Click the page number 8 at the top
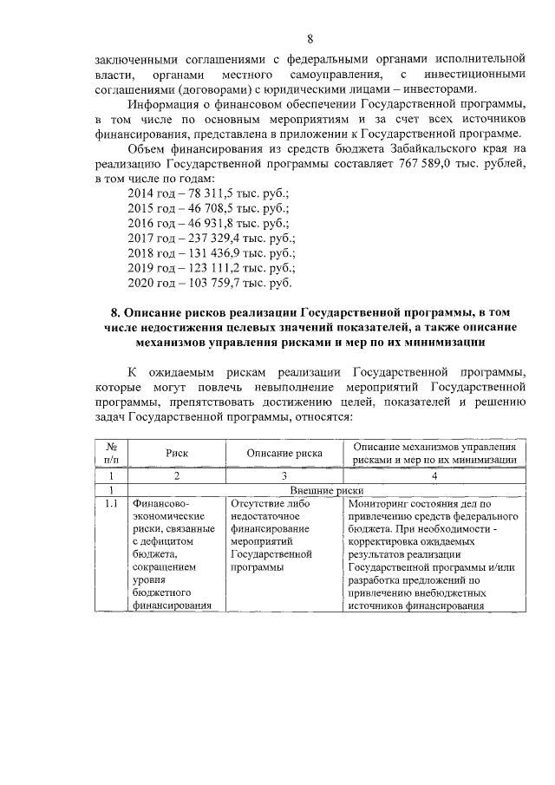pos(310,38)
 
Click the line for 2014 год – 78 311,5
pos(207,193)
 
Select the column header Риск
pos(176,453)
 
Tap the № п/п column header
pos(111,453)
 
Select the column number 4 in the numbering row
pos(434,476)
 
